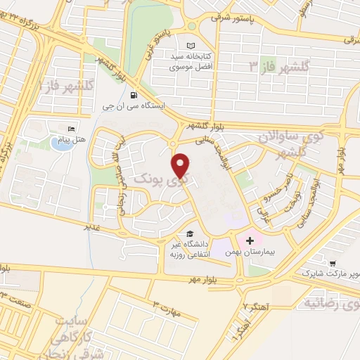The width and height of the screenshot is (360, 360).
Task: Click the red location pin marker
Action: point(181,165)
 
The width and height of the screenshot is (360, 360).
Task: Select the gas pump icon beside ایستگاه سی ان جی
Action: point(133,96)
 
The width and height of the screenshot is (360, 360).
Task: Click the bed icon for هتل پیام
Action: point(72,129)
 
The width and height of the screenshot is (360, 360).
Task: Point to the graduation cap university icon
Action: point(189,234)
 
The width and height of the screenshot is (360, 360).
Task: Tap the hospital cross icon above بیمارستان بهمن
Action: point(250,240)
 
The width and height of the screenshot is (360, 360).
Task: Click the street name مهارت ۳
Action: point(166,306)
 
